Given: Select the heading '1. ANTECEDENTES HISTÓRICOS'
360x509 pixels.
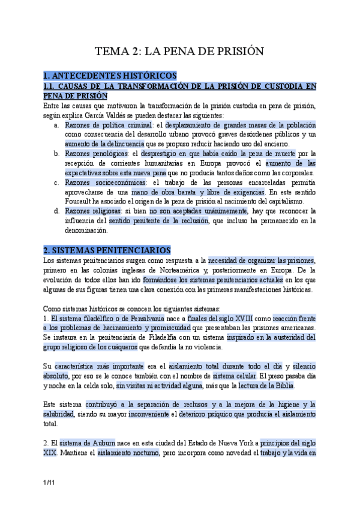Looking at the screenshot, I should (x=110, y=76).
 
